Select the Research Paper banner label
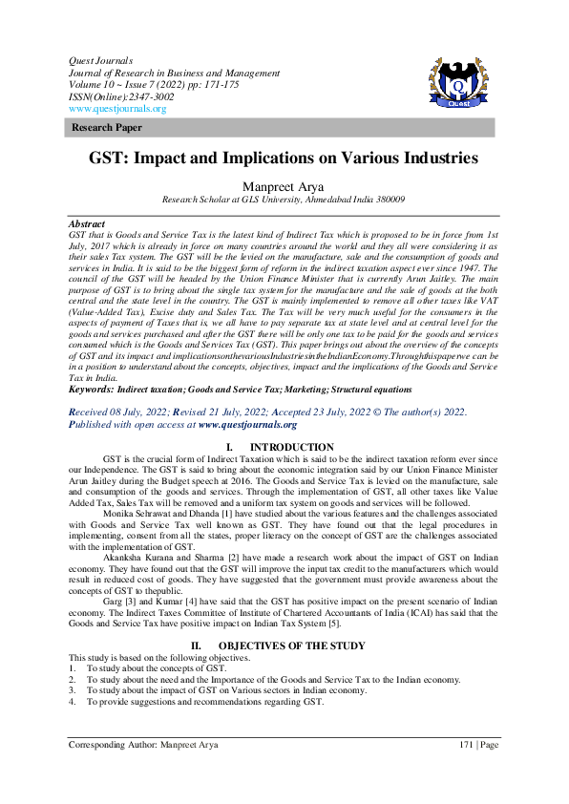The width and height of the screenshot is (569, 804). pos(100,128)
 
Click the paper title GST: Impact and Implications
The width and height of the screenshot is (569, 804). pos(284,159)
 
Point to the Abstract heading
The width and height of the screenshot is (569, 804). pos(87,223)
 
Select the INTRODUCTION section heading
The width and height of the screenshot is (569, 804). pos(291,448)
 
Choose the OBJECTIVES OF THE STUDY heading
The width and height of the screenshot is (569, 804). pos(298,646)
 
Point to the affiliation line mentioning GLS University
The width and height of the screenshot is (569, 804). pos(284,201)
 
